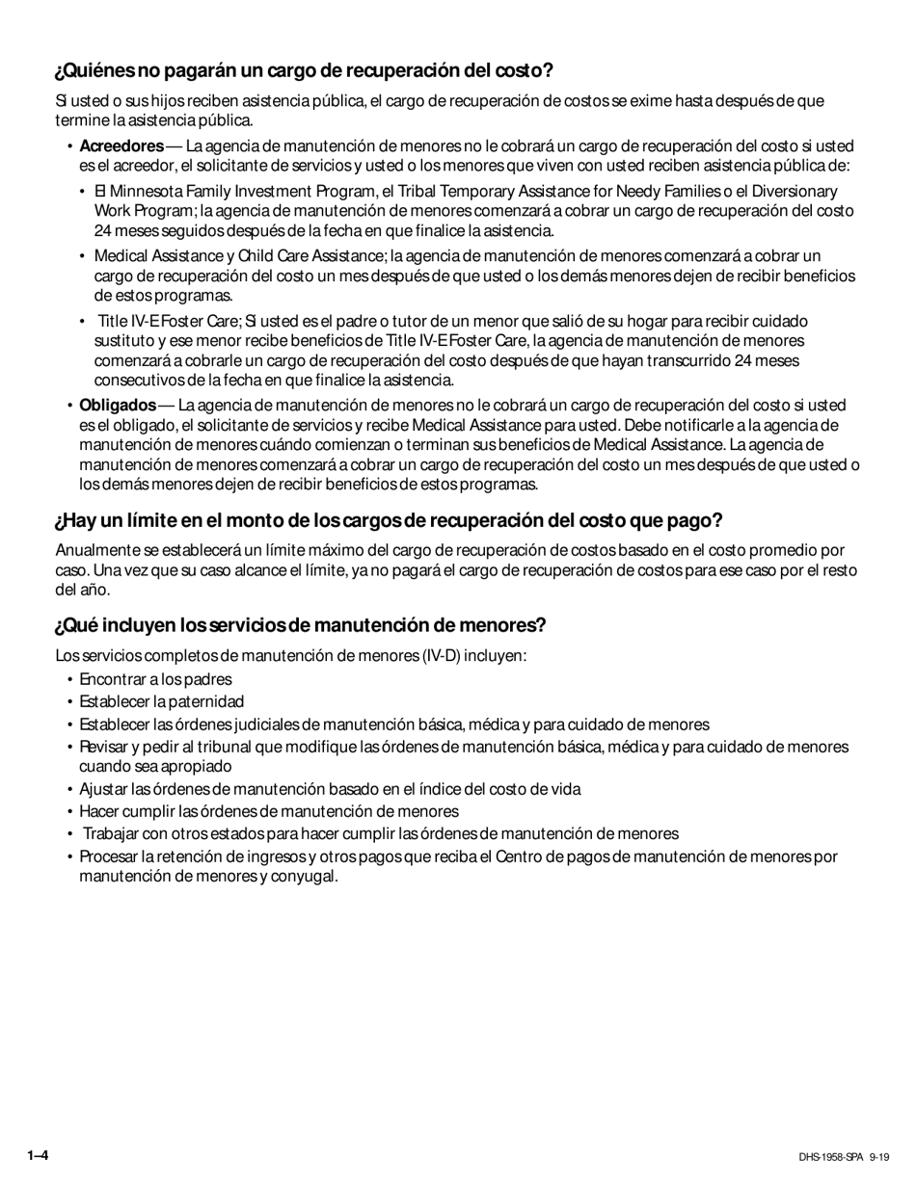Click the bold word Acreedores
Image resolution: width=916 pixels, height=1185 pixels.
[121, 146]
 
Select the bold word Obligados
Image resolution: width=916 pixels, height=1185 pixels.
[118, 405]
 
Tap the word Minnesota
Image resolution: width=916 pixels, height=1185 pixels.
[147, 192]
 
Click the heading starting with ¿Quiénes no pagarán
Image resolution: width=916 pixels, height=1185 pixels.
[304, 71]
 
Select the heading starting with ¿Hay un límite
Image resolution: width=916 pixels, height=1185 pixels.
[388, 521]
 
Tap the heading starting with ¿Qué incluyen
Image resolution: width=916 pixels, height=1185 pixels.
[300, 625]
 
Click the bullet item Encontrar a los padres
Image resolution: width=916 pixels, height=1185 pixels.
[155, 679]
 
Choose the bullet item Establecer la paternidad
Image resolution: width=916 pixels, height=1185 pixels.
[161, 701]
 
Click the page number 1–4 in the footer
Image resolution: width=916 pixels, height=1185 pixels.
[39, 1155]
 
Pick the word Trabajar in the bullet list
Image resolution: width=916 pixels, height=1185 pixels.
[113, 834]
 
